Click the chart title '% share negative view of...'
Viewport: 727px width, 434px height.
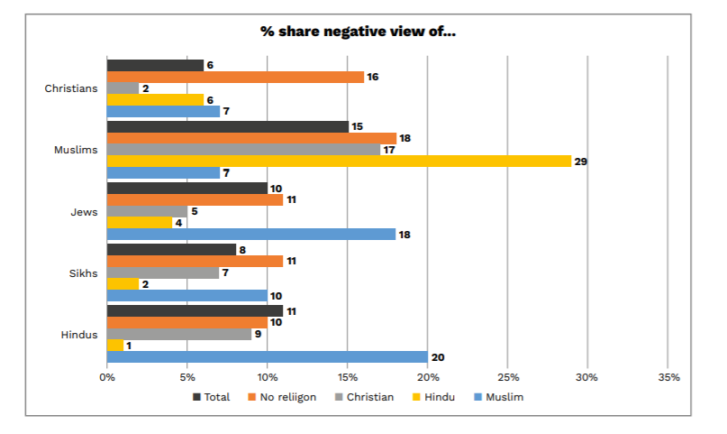point(359,32)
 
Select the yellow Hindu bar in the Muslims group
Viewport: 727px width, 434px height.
point(339,161)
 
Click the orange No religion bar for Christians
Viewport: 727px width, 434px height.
point(235,77)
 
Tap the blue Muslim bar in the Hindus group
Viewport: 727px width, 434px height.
point(267,356)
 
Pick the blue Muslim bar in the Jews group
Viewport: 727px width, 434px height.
point(251,234)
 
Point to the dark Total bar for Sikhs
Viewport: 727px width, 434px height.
point(171,249)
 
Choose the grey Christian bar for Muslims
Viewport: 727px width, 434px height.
point(243,149)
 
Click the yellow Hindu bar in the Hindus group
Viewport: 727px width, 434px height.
point(115,345)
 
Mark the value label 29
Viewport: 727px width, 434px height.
point(581,162)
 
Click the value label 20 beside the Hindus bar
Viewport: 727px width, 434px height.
point(437,357)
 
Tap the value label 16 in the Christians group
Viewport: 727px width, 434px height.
point(373,77)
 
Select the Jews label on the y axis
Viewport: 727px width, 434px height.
point(84,211)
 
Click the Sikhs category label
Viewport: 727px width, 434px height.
point(82,272)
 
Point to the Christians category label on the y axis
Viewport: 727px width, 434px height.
point(71,88)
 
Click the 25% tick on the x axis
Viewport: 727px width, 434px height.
point(507,376)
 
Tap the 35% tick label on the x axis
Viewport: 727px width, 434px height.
point(668,376)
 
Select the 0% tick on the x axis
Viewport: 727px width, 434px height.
point(107,376)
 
